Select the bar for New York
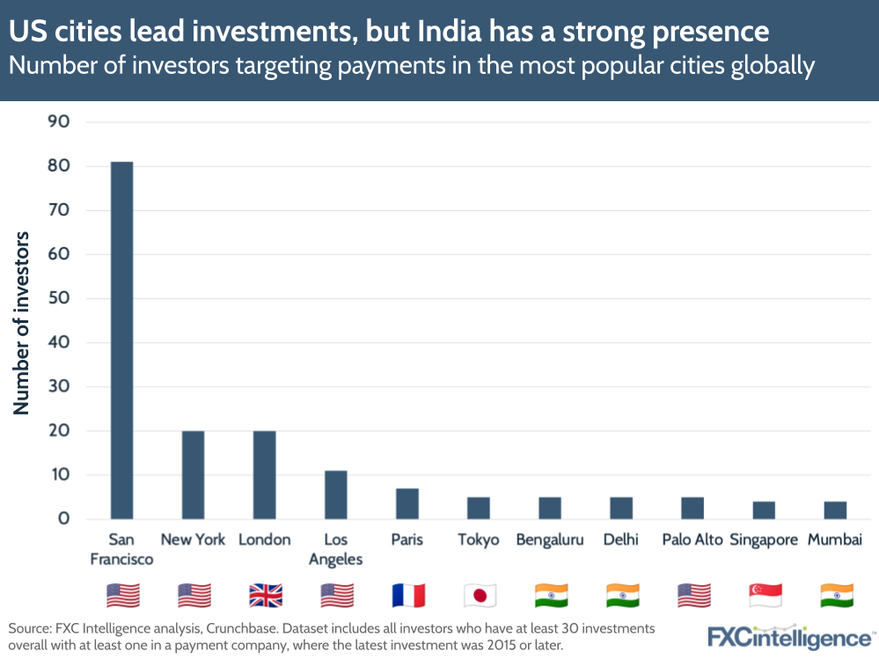[193, 474]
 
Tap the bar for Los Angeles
[335, 494]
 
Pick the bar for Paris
[407, 503]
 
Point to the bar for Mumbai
[834, 509]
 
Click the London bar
[264, 474]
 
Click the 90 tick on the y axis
[58, 121]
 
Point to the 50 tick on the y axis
[58, 298]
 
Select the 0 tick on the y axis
[63, 519]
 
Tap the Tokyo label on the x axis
[478, 539]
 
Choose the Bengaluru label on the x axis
[550, 539]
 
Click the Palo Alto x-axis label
[692, 539]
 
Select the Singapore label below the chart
[764, 539]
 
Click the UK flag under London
[265, 596]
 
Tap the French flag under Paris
[407, 596]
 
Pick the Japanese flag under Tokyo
[479, 596]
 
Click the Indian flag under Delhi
[621, 596]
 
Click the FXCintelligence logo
[790, 636]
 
